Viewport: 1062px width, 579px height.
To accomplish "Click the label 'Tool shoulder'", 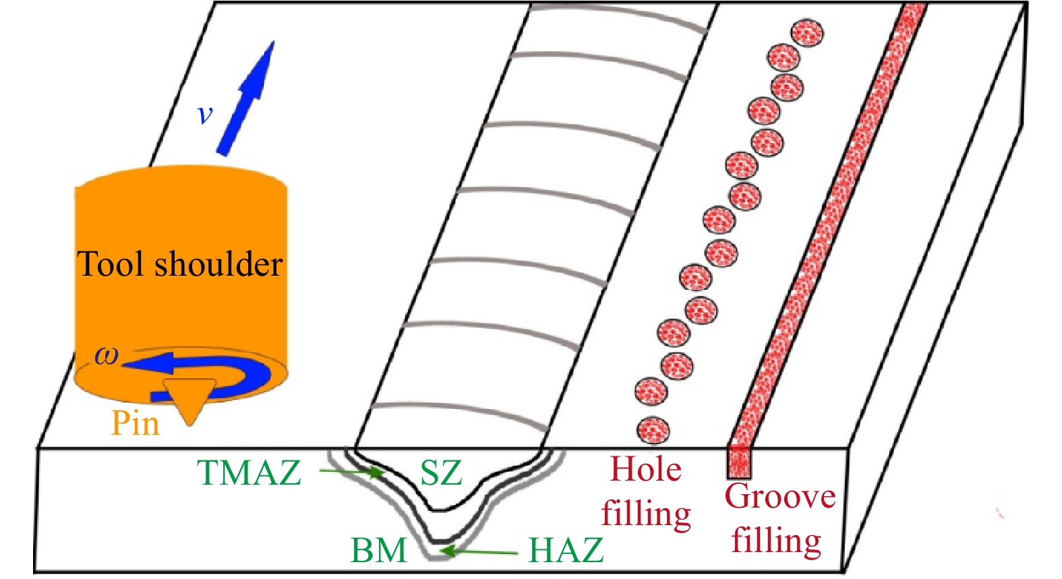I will [x=179, y=264].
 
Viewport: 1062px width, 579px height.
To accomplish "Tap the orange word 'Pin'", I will [x=136, y=423].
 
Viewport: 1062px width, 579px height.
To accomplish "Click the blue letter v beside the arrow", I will [x=205, y=114].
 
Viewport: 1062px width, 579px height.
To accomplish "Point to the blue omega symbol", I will [x=107, y=355].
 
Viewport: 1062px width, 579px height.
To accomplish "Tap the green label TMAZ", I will [x=249, y=473].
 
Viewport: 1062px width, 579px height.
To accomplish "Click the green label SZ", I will [x=441, y=473].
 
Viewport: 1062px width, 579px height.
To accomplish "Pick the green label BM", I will [x=379, y=550].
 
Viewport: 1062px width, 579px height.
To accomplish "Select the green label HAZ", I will [x=566, y=550].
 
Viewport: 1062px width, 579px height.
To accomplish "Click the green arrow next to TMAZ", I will [x=351, y=472].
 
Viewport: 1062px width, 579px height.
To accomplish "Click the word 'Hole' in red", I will [x=645, y=469].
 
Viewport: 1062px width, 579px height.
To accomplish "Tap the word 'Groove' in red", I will [x=780, y=497].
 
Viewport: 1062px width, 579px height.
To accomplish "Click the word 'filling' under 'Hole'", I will [x=646, y=514].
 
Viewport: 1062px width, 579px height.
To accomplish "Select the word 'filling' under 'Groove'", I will [x=776, y=541].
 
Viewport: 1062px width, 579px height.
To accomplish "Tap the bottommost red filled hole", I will [x=653, y=430].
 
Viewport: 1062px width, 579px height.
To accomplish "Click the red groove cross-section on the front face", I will [x=739, y=461].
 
